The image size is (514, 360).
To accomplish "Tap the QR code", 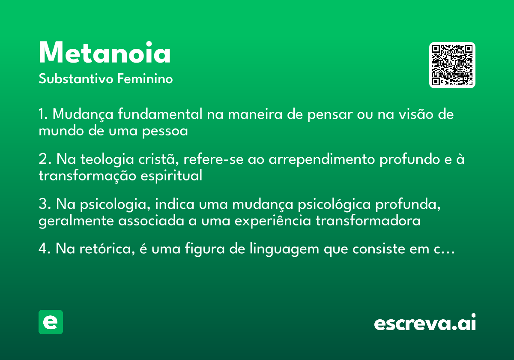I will pos(452,65).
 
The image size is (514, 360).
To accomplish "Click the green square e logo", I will pos(51,322).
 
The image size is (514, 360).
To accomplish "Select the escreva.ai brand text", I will pos(425,324).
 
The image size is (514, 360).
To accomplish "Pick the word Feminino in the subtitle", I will pos(145,79).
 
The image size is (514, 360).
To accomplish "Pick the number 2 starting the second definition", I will pos(42,160).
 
